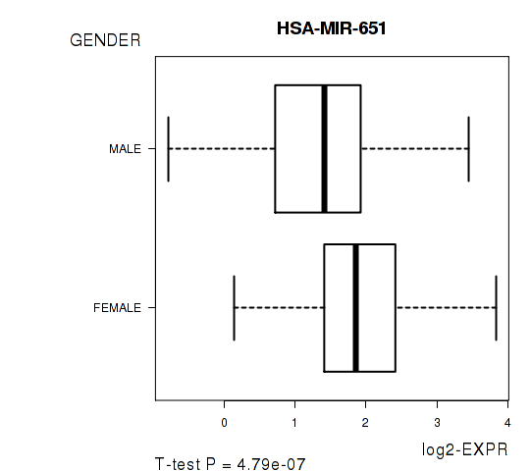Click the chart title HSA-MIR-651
(332, 28)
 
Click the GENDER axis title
(105, 40)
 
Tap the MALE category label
(125, 149)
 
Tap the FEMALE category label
(117, 308)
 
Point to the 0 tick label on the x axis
(224, 423)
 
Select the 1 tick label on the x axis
(294, 423)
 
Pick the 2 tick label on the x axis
(365, 423)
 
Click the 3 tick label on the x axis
(437, 423)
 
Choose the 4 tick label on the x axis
(507, 423)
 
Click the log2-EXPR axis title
(465, 449)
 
